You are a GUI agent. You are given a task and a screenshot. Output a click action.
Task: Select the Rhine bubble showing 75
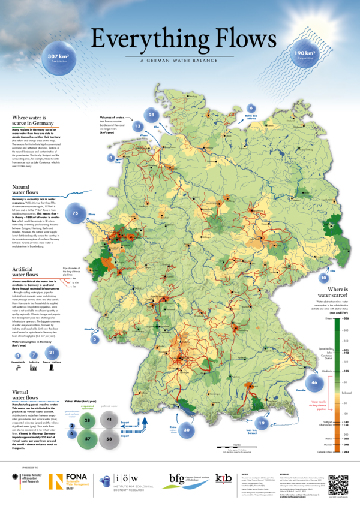coord(76,213)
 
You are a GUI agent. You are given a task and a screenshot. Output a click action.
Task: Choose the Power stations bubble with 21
coord(52,353)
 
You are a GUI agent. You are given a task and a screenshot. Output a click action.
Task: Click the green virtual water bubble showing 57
coord(88,439)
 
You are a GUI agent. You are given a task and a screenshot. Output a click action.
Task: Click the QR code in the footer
coord(338,483)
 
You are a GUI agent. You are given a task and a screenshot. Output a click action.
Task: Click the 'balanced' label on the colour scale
coord(329,393)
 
